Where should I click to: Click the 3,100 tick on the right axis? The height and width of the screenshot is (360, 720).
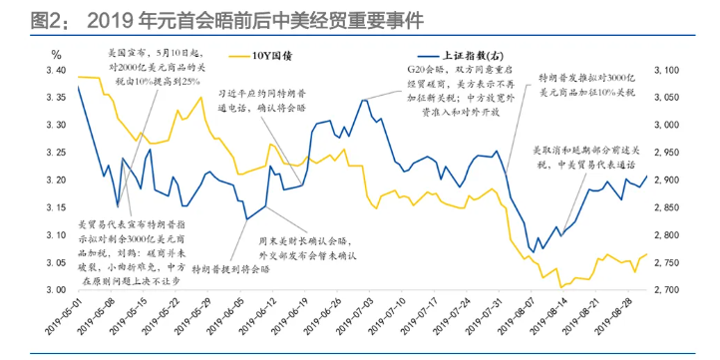coord(667,71)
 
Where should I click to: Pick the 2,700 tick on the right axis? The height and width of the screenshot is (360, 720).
coord(667,290)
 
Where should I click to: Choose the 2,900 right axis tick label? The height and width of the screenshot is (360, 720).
coord(667,180)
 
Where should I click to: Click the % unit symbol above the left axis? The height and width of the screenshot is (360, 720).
coord(57,53)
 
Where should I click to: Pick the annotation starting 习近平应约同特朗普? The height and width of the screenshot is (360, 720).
coord(263,96)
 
